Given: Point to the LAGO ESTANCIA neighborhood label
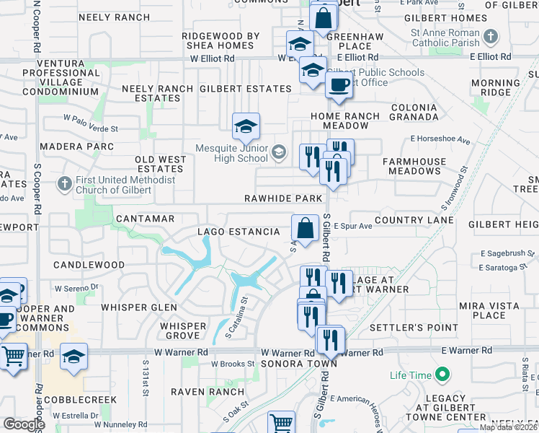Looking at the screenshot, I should pos(239,232).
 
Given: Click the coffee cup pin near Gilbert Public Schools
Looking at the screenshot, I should pos(338,84).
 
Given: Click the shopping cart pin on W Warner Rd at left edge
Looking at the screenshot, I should pos(13,356).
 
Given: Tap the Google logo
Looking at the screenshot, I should pos(24,424).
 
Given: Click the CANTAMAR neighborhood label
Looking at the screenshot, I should pos(145,218).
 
